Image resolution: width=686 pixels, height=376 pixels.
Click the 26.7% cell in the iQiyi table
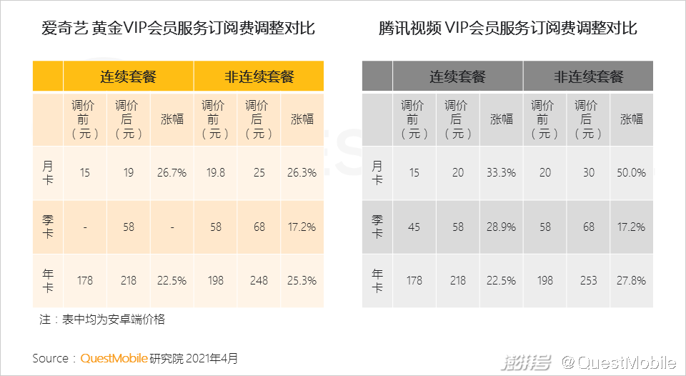point(172,173)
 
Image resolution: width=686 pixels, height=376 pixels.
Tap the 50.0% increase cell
point(631,173)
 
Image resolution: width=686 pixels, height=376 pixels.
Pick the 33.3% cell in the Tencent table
point(501,173)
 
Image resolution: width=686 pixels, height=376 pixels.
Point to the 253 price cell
point(588,280)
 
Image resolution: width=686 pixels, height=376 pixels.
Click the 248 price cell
point(259,280)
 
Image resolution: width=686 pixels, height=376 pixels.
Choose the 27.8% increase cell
point(631,280)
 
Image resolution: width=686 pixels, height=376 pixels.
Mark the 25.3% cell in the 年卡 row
point(302,280)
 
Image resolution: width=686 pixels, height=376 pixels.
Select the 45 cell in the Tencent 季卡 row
point(414,227)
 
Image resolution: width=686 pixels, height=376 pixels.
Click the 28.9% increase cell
point(501,227)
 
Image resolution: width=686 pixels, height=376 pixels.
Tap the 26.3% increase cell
point(302,173)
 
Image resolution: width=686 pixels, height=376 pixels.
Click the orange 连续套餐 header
point(128,76)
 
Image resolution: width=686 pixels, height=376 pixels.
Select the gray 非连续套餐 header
point(588,76)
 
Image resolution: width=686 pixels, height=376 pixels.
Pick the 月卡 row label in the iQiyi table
point(47,173)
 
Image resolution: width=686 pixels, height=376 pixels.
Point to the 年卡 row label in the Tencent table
point(377,280)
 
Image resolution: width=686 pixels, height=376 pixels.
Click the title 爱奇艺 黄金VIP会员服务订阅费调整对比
point(178,29)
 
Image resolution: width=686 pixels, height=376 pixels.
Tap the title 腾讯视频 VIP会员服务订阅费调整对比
point(508,29)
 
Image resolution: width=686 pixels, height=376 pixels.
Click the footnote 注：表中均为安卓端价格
point(102,320)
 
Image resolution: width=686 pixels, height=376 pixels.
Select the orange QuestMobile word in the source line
point(114,358)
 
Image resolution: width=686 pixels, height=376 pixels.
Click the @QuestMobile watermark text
point(618,362)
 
